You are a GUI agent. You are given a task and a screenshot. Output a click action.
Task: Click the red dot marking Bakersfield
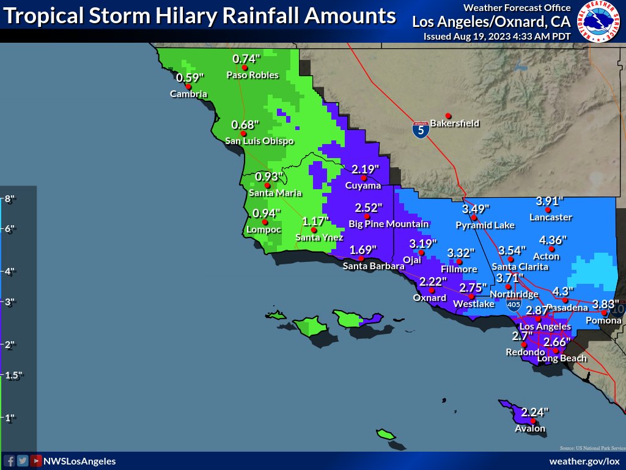pyautogui.click(x=448, y=116)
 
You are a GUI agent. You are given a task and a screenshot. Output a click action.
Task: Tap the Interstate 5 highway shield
pyautogui.click(x=420, y=129)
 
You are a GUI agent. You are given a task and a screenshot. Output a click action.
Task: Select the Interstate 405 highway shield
pyautogui.click(x=514, y=303)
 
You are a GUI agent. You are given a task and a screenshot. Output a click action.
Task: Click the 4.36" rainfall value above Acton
pyautogui.click(x=553, y=240)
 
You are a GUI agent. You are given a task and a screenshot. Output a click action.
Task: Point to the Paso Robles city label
pyautogui.click(x=252, y=75)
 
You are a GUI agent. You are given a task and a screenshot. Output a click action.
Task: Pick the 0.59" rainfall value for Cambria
pyautogui.click(x=190, y=78)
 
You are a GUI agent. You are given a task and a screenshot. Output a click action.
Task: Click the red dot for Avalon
pyautogui.click(x=533, y=421)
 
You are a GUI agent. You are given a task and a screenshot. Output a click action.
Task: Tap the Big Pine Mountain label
pyautogui.click(x=389, y=224)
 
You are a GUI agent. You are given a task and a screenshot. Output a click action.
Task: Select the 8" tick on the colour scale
pyautogui.click(x=9, y=199)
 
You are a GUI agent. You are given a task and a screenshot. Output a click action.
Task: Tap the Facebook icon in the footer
pyautogui.click(x=9, y=461)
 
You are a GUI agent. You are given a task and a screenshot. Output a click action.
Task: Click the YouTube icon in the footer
pyautogui.click(x=36, y=461)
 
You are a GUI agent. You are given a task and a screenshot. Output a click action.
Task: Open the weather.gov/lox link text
pyautogui.click(x=584, y=461)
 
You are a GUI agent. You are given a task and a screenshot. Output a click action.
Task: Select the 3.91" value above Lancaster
pyautogui.click(x=549, y=201)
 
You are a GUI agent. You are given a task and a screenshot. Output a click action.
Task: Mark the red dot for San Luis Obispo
pyautogui.click(x=243, y=133)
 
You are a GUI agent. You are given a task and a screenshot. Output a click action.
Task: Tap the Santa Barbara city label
pyautogui.click(x=374, y=266)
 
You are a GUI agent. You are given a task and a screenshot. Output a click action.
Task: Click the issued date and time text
pyautogui.click(x=497, y=36)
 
